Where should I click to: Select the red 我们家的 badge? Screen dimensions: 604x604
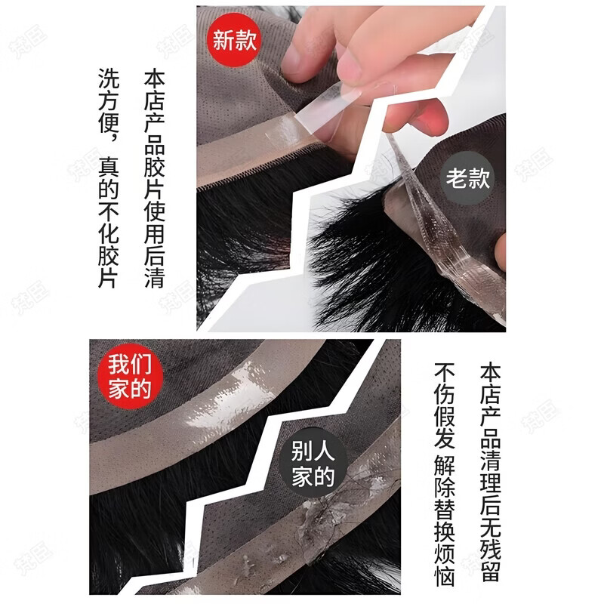pyautogui.click(x=129, y=377)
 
